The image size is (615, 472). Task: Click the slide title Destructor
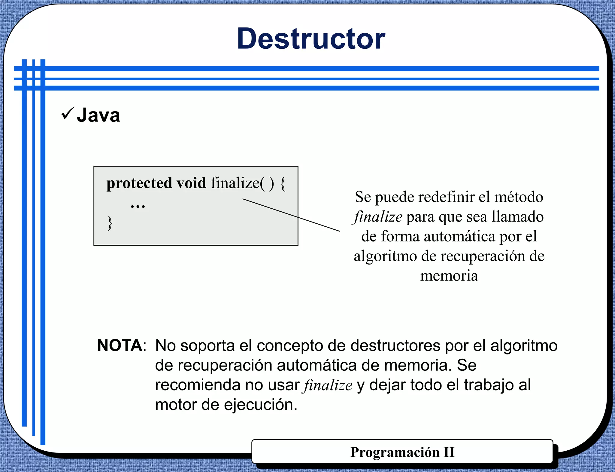[x=311, y=39]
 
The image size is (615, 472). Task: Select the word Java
[x=98, y=115]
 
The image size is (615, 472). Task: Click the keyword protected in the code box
[x=139, y=183]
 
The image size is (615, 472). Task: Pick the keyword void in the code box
[x=191, y=183]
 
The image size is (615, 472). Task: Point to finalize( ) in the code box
[x=242, y=183]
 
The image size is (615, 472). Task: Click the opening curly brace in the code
[x=283, y=183]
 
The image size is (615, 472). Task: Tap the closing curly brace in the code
[x=110, y=223]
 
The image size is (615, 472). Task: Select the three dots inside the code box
[x=138, y=206]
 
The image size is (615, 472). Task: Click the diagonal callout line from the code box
[x=291, y=215]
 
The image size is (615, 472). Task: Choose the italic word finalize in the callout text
[x=378, y=217]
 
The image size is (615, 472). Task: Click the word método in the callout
[x=519, y=197]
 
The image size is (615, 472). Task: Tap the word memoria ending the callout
[x=449, y=276]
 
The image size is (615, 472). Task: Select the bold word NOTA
[x=120, y=345]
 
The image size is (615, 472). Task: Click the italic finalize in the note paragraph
[x=328, y=385]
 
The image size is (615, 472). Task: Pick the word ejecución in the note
[x=260, y=405]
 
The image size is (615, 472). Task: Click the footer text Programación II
[x=402, y=452]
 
